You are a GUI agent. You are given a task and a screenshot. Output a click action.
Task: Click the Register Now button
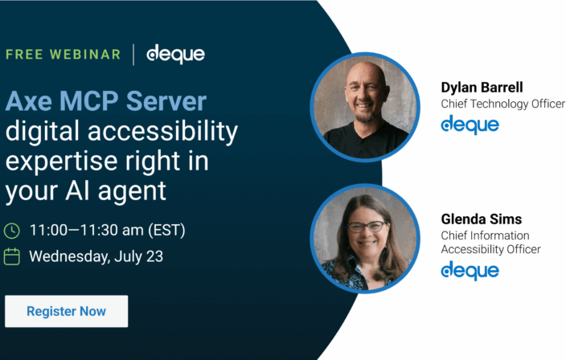coord(66,311)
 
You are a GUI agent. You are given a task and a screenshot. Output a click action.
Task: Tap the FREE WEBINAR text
coord(64,55)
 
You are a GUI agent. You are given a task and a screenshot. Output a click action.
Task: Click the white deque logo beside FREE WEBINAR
coord(175,54)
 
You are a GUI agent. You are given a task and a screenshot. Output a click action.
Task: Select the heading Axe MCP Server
coord(106,101)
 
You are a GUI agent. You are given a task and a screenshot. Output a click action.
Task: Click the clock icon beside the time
coord(12,231)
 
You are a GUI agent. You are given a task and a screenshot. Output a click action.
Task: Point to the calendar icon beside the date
coord(12,257)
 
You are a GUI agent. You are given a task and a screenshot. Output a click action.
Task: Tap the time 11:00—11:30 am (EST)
coord(107,231)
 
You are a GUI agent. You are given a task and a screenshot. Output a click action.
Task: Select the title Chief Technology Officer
coord(502,104)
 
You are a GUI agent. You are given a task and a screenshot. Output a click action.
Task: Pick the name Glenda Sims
coord(482,219)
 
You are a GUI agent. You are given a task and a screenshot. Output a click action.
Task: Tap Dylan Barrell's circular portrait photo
coord(365,107)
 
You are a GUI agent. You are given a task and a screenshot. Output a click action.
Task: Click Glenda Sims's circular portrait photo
coord(365,238)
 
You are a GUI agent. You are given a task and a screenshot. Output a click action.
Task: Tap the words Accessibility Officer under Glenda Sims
coord(490,249)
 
